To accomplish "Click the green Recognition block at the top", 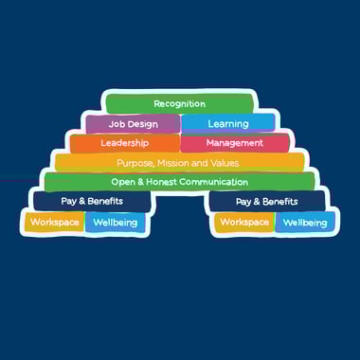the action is tap(179, 103).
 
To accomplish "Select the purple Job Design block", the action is tap(132, 123).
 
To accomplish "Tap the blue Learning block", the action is tap(227, 123).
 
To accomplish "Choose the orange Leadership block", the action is tap(125, 143).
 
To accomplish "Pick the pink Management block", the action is tap(234, 143).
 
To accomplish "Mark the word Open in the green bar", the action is tap(124, 182).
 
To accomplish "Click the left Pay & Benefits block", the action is tap(92, 202).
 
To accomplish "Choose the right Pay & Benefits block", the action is tap(266, 202).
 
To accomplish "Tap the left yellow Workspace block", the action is tap(54, 223).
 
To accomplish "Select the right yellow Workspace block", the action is tap(244, 223).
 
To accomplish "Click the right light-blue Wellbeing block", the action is tap(305, 223).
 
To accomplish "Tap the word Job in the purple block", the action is tap(117, 123).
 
